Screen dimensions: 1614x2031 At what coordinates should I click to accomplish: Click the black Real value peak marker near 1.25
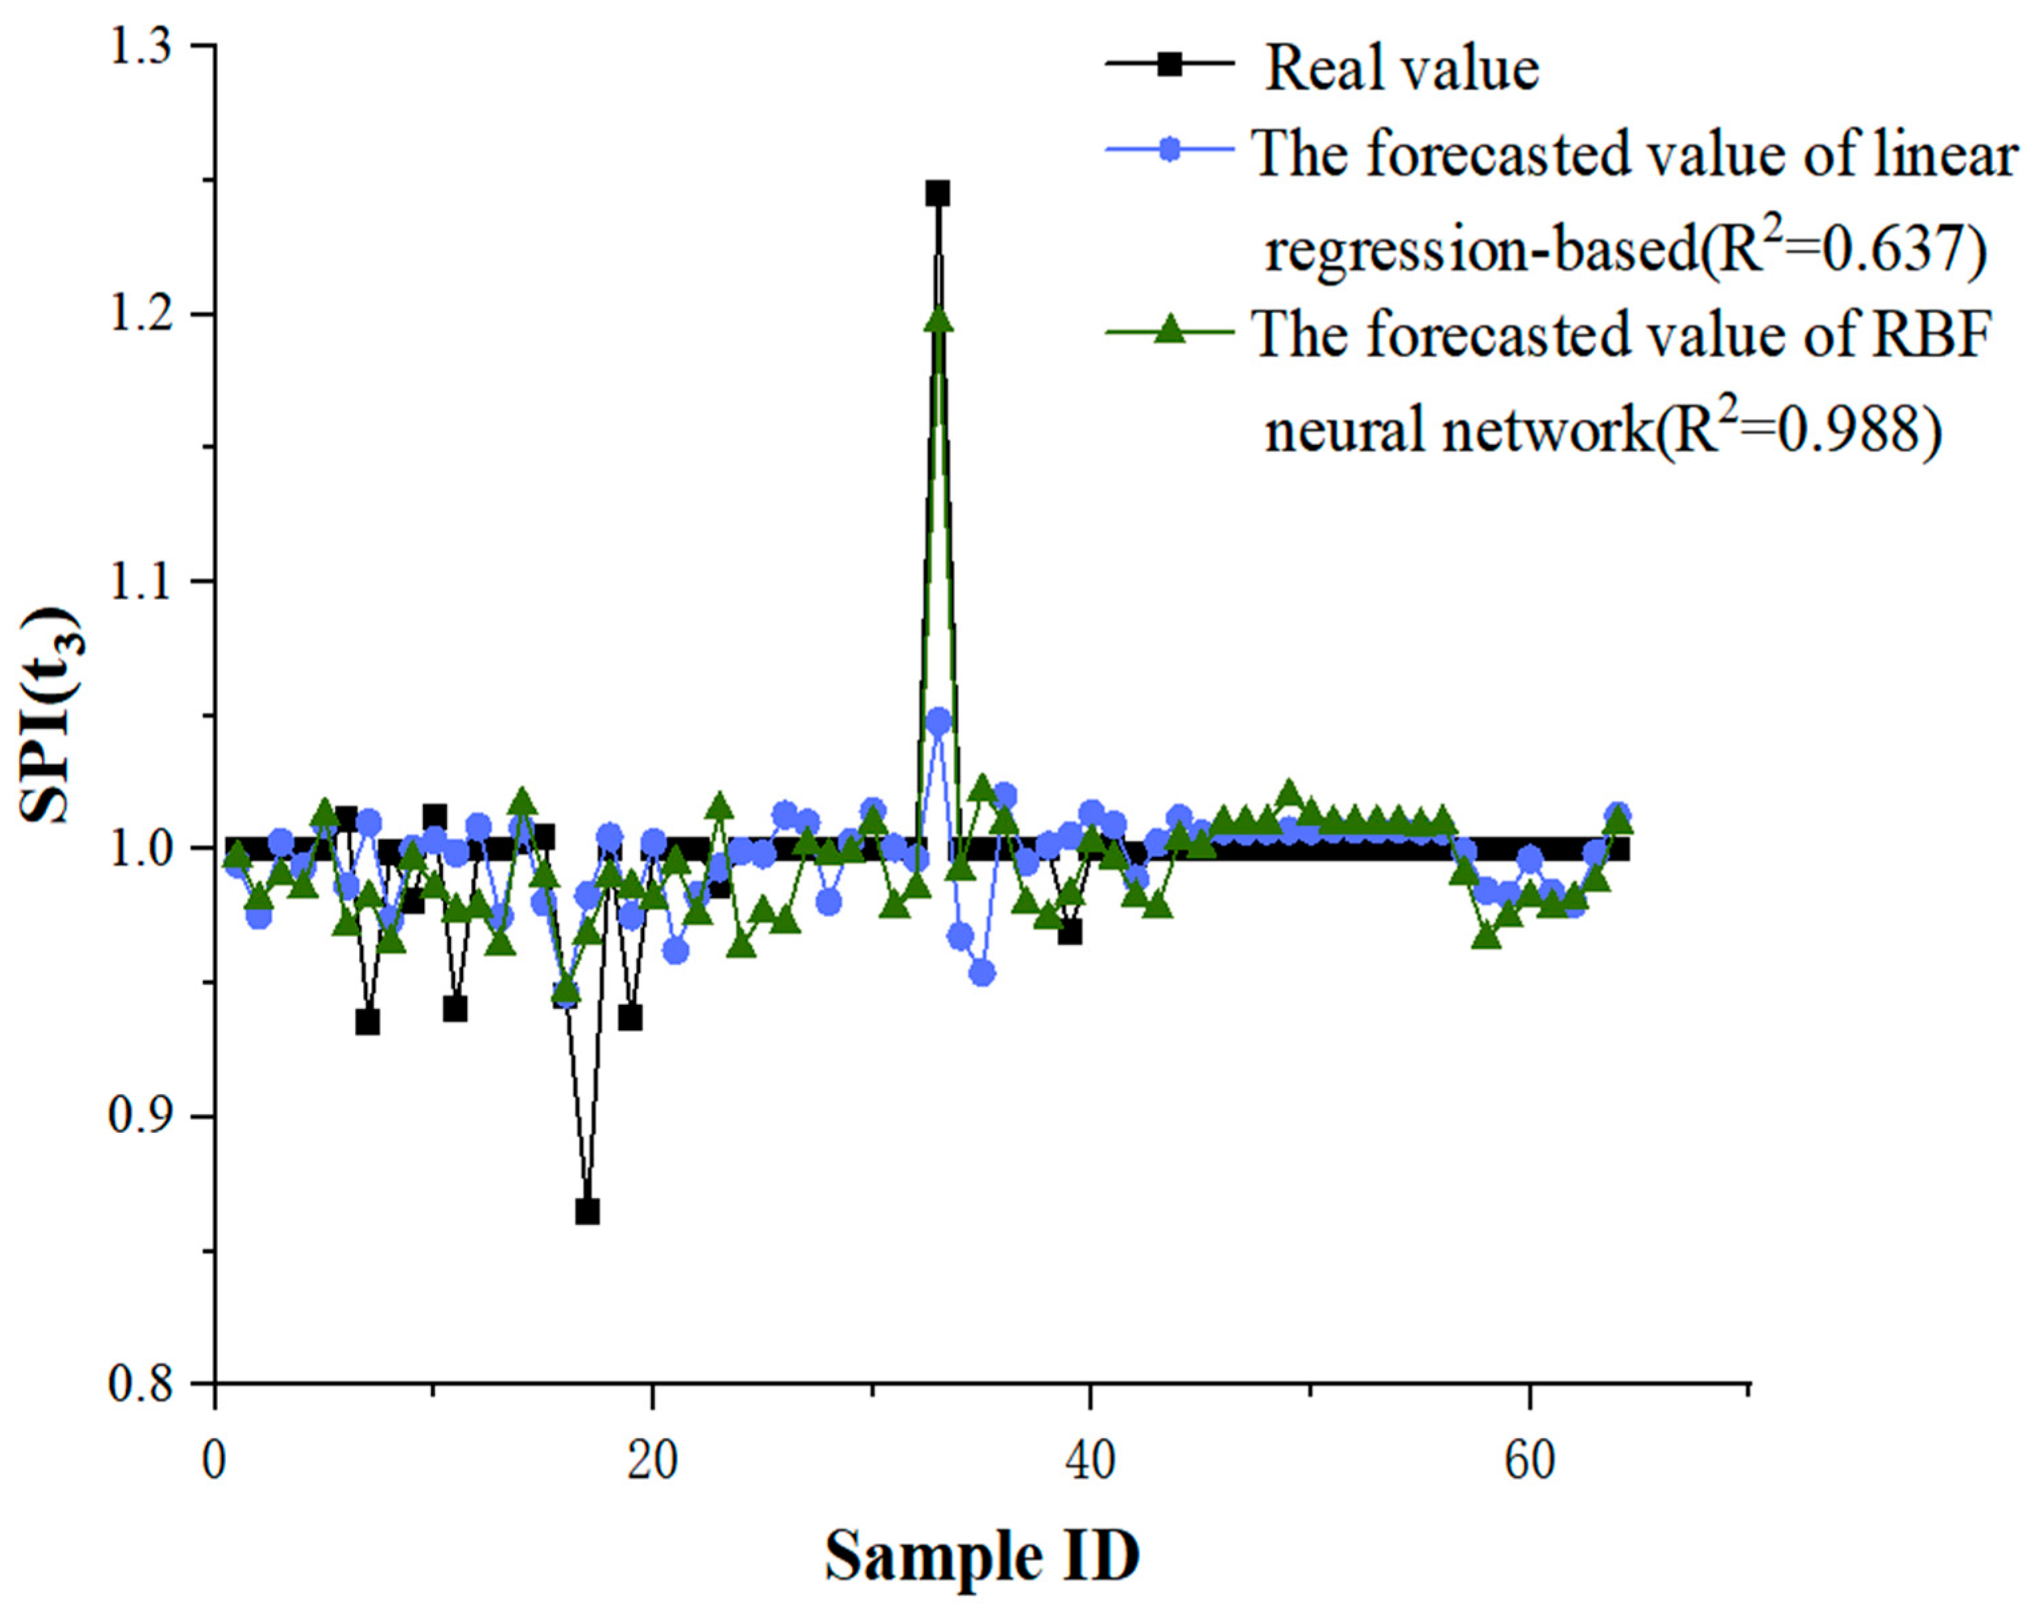click(x=937, y=194)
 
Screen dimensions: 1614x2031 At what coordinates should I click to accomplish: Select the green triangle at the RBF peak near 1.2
click(x=939, y=321)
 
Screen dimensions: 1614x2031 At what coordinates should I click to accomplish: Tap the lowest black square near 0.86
click(x=587, y=1211)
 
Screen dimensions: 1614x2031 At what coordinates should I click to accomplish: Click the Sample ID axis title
click(x=982, y=1557)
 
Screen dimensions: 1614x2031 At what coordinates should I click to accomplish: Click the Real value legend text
click(x=1401, y=69)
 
